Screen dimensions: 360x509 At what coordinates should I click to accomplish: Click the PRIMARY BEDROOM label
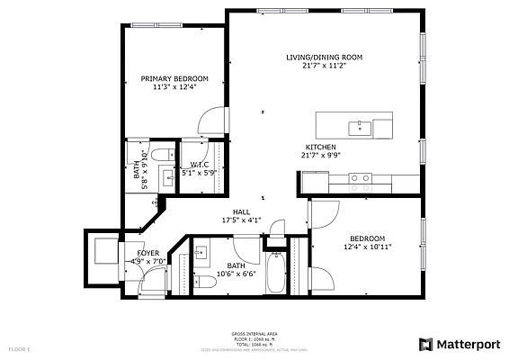[174, 78]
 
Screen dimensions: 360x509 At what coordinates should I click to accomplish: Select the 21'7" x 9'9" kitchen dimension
[321, 155]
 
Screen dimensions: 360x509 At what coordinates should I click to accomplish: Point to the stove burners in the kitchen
[360, 178]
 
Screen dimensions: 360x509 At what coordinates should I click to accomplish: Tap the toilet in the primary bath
[162, 156]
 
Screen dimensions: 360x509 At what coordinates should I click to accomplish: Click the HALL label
[241, 211]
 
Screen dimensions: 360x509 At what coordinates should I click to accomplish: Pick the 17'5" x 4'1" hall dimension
[241, 220]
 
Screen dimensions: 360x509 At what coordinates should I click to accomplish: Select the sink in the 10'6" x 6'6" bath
[201, 251]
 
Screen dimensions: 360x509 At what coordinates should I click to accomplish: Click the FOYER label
[148, 254]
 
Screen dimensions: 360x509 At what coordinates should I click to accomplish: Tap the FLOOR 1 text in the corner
[20, 347]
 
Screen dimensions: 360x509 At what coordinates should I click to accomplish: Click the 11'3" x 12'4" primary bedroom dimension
[174, 87]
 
